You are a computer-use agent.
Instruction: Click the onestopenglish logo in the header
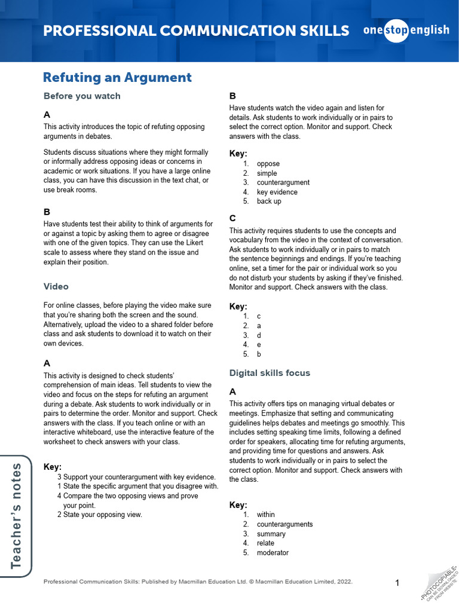pyautogui.click(x=406, y=30)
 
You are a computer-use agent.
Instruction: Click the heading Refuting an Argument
pyautogui.click(x=117, y=77)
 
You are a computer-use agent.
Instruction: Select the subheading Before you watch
pyautogui.click(x=82, y=96)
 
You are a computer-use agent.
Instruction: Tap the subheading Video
pyautogui.click(x=56, y=286)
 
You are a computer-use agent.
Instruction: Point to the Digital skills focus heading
pyautogui.click(x=270, y=372)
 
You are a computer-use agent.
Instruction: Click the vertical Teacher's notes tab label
pyautogui.click(x=16, y=515)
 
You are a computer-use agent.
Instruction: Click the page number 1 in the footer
pyautogui.click(x=397, y=583)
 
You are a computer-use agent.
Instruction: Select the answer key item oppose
pyautogui.click(x=268, y=164)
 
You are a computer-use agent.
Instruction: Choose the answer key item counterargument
pyautogui.click(x=283, y=182)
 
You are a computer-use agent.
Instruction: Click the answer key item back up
pyautogui.click(x=269, y=201)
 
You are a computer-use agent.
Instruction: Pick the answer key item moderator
pyautogui.click(x=273, y=553)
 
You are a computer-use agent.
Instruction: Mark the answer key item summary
pyautogui.click(x=271, y=534)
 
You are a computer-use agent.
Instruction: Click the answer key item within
pyautogui.click(x=266, y=515)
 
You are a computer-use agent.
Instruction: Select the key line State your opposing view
pyautogui.click(x=102, y=515)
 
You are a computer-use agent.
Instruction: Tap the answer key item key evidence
pyautogui.click(x=277, y=192)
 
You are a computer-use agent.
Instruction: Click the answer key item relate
pyautogui.click(x=265, y=543)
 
